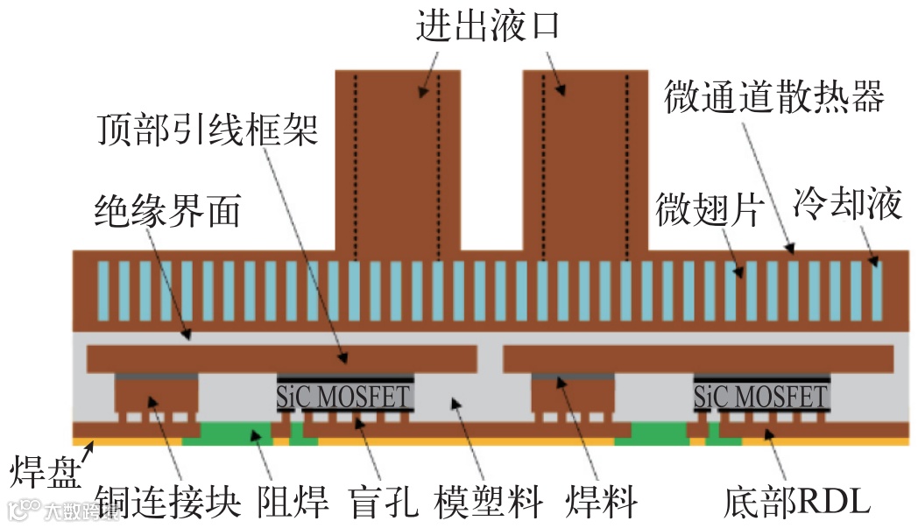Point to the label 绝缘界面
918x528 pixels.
(166, 211)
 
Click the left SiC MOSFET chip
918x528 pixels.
(343, 397)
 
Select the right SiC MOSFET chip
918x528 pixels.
(760, 397)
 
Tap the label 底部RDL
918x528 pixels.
(797, 502)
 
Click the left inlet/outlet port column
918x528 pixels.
(399, 158)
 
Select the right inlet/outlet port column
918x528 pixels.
(584, 158)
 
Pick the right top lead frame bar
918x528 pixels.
(698, 357)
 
